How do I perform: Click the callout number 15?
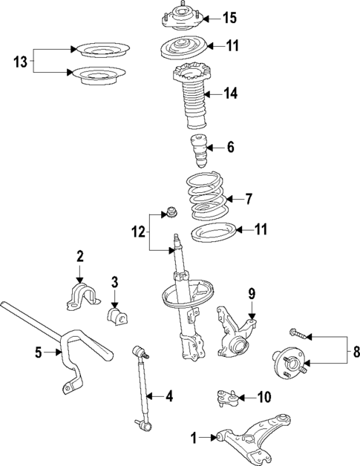point(229,17)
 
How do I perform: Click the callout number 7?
point(249,199)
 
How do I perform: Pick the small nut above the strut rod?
point(168,211)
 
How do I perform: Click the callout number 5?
point(38,352)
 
